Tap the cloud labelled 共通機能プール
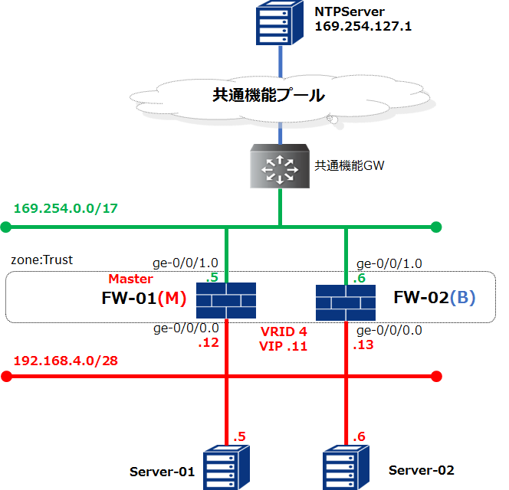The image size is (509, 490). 268,96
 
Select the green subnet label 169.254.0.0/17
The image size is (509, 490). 65,208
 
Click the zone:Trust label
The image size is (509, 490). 42,260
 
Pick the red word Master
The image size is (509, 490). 130,279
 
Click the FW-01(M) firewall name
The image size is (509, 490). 144,298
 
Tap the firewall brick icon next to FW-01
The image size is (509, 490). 225,301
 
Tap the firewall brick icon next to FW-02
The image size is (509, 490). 346,301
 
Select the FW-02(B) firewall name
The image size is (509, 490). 434,298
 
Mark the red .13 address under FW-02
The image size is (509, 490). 363,345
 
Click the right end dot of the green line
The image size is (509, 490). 436,227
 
